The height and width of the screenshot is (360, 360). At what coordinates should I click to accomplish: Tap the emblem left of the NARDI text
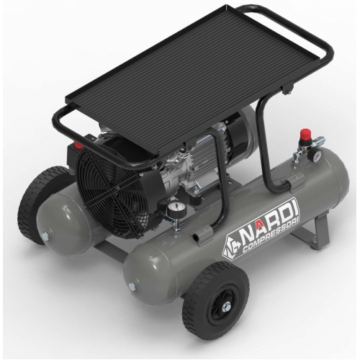tap(230, 247)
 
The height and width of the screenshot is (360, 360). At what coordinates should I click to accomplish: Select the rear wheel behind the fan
tap(41, 203)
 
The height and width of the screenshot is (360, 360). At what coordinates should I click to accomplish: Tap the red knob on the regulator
tap(305, 132)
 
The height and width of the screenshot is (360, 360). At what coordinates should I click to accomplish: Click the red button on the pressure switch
tap(77, 145)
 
